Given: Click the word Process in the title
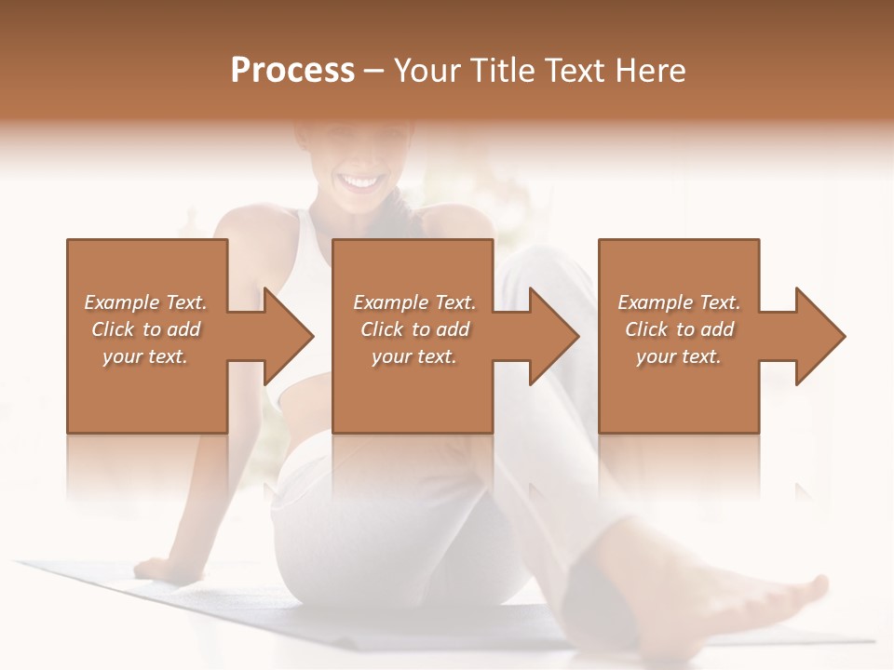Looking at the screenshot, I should [292, 71].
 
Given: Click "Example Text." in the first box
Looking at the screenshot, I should [145, 302].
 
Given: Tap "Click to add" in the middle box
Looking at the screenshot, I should [414, 329].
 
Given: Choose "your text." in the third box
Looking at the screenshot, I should [679, 356].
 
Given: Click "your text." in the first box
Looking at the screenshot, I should [145, 356].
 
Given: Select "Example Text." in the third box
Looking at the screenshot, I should [679, 302].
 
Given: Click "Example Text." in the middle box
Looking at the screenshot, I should [414, 302].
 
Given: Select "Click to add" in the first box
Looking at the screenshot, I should [145, 329].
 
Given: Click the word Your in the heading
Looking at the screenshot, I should [430, 71].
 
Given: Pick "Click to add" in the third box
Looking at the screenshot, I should [679, 329].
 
